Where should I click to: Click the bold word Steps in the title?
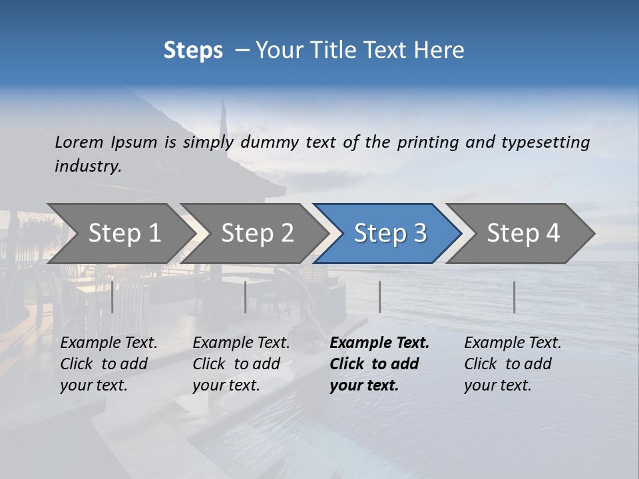click(x=193, y=50)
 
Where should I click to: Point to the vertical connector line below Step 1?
click(x=112, y=297)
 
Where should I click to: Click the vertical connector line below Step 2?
click(x=246, y=297)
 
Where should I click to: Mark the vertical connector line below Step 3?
click(x=379, y=297)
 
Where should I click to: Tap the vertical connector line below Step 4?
click(x=514, y=297)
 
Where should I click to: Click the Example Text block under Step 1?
click(x=108, y=364)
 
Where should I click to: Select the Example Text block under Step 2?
click(x=241, y=364)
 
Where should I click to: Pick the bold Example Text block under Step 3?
click(x=379, y=364)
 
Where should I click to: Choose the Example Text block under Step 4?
click(x=513, y=364)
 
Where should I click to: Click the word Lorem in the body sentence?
click(x=79, y=142)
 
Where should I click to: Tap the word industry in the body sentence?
click(x=88, y=166)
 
